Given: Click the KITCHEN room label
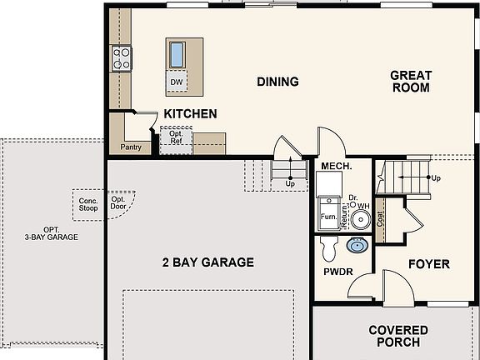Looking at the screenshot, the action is [x=190, y=114].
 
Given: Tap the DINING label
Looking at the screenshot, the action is [x=277, y=82].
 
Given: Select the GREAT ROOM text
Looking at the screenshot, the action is [x=411, y=82].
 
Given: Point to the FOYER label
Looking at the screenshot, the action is [x=429, y=264].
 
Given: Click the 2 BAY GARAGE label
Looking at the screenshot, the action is [x=208, y=262].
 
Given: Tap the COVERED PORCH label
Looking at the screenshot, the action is [x=398, y=336].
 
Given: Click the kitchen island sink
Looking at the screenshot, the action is [x=177, y=55].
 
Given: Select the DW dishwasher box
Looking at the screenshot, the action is [x=177, y=81].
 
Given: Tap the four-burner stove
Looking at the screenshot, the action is [x=122, y=58].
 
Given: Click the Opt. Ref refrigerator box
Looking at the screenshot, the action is [x=177, y=140].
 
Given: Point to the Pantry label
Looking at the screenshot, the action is [x=131, y=147].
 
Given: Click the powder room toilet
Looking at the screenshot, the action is [x=329, y=248].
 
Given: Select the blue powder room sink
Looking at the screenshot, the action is [x=357, y=246].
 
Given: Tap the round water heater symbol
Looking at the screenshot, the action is [x=361, y=219].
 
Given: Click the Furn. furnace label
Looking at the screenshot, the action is [x=329, y=217].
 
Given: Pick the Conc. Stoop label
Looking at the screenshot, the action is [x=88, y=204].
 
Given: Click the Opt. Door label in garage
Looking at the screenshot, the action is [x=118, y=203].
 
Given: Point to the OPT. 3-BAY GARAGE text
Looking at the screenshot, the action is [x=52, y=233].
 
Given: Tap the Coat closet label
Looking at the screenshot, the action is [x=380, y=219].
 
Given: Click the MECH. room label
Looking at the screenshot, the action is [x=337, y=166].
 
